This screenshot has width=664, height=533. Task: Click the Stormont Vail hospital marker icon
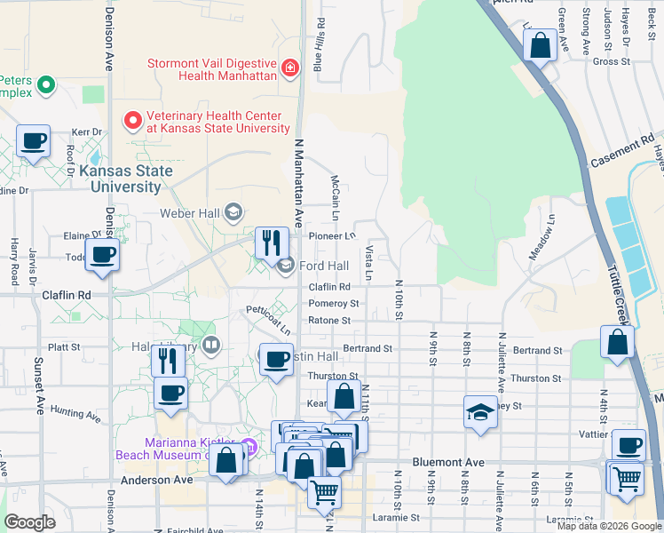pos(289,68)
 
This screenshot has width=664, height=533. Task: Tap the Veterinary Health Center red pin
pos(133,119)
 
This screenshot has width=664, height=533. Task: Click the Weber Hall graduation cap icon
pos(233,211)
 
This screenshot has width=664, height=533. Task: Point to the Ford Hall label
pos(324,266)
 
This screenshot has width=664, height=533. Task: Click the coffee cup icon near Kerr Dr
pos(33,141)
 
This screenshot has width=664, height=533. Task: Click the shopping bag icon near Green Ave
pos(540,45)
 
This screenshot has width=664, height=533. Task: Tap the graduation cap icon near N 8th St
pos(480,412)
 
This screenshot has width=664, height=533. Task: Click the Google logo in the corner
pos(30,521)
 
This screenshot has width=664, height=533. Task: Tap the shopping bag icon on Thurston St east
pos(617,343)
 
